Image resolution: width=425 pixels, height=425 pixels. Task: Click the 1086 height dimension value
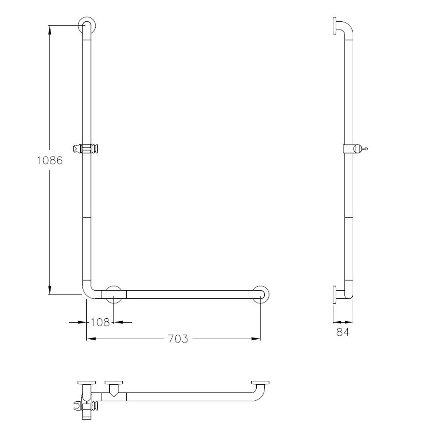pyautogui.click(x=50, y=160)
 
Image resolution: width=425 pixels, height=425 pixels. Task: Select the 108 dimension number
pyautogui.click(x=100, y=322)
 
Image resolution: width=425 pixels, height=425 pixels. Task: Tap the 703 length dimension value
pyautogui.click(x=178, y=339)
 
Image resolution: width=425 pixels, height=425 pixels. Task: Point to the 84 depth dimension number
pyautogui.click(x=343, y=332)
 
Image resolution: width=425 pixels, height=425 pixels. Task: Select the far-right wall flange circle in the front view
pyautogui.click(x=268, y=294)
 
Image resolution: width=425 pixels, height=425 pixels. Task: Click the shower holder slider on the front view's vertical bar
pyautogui.click(x=86, y=148)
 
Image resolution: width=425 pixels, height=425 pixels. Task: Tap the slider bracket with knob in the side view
pyautogui.click(x=354, y=148)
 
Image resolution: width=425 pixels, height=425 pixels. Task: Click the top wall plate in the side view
pyautogui.click(x=334, y=26)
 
